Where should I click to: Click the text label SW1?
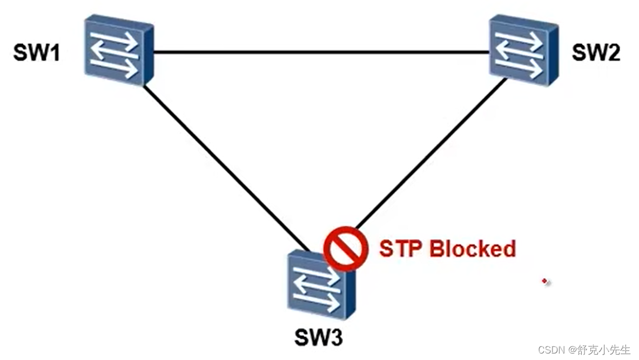(36, 55)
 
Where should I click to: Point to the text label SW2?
(596, 53)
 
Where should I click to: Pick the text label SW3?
(319, 338)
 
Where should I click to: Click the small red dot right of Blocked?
(546, 281)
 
